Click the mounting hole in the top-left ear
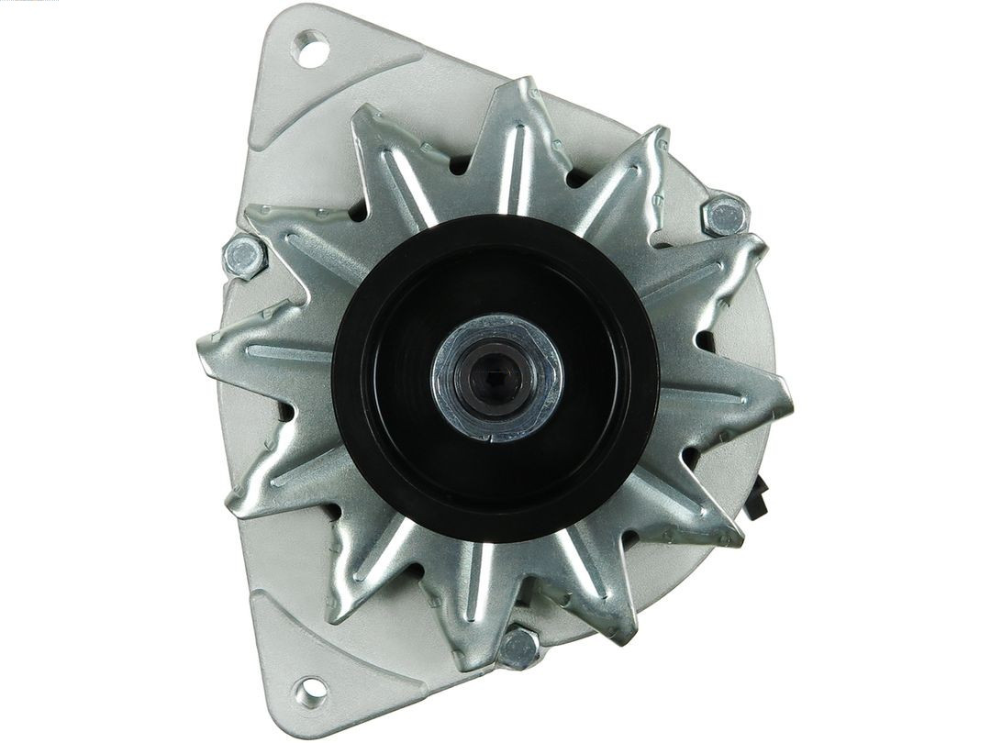coord(312,48)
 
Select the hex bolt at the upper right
coord(724,216)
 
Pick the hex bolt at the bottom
coord(518,648)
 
